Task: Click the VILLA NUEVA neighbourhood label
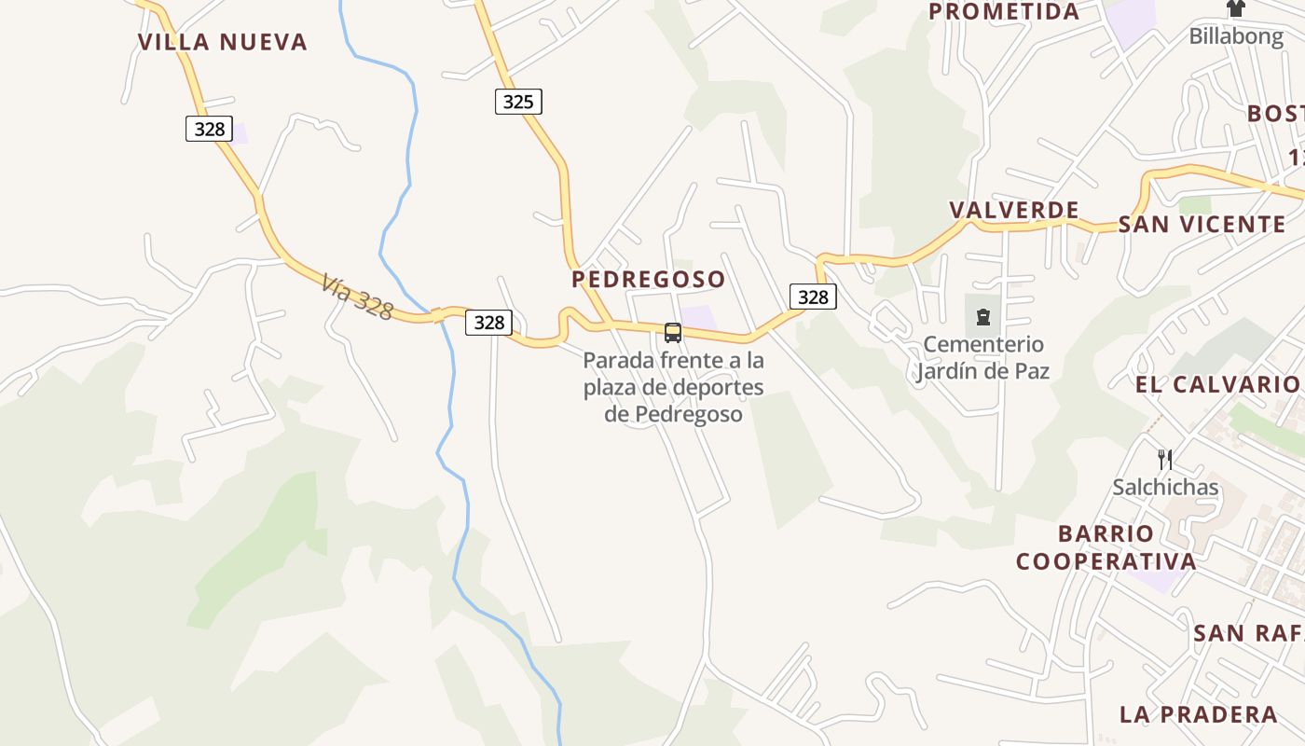point(222,42)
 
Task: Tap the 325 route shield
point(517,102)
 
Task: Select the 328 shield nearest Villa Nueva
point(209,129)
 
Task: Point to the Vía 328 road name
point(357,297)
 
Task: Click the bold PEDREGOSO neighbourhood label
point(648,279)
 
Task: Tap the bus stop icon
point(672,333)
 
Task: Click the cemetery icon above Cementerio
point(982,317)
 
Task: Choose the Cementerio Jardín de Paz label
point(982,358)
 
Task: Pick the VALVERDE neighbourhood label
point(1014,210)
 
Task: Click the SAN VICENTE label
point(1202,225)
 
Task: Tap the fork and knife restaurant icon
point(1164,459)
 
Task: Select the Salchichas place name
point(1165,487)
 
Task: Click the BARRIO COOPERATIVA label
point(1106,547)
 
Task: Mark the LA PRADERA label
point(1198,715)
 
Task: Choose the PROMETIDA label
point(1003,12)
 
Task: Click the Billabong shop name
point(1236,36)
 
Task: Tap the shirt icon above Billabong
point(1236,9)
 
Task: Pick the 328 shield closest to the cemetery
point(813,297)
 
